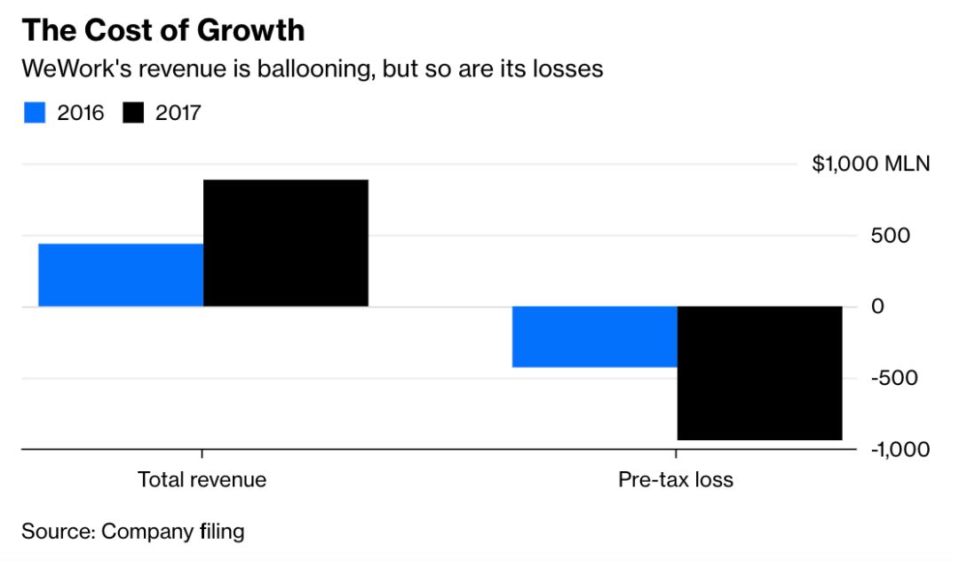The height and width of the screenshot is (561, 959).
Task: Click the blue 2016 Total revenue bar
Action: click(x=121, y=275)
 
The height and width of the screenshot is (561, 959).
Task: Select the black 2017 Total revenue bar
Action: click(x=285, y=243)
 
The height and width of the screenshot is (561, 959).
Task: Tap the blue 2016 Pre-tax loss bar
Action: click(x=594, y=336)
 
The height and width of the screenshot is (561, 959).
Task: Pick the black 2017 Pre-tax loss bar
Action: click(x=759, y=373)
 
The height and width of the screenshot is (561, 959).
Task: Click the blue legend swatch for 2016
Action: click(x=35, y=113)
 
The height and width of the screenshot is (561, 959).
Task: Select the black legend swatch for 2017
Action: click(x=132, y=113)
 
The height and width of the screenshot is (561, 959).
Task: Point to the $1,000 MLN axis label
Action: click(x=870, y=164)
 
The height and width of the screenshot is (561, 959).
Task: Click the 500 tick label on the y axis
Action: click(x=891, y=236)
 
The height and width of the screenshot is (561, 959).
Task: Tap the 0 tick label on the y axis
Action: click(x=877, y=307)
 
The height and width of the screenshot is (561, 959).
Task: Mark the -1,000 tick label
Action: click(x=900, y=449)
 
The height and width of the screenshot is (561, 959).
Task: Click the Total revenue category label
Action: click(x=202, y=479)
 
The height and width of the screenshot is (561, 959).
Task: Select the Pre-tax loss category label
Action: click(x=676, y=479)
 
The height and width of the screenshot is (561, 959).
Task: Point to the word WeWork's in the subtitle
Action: click(x=76, y=68)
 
